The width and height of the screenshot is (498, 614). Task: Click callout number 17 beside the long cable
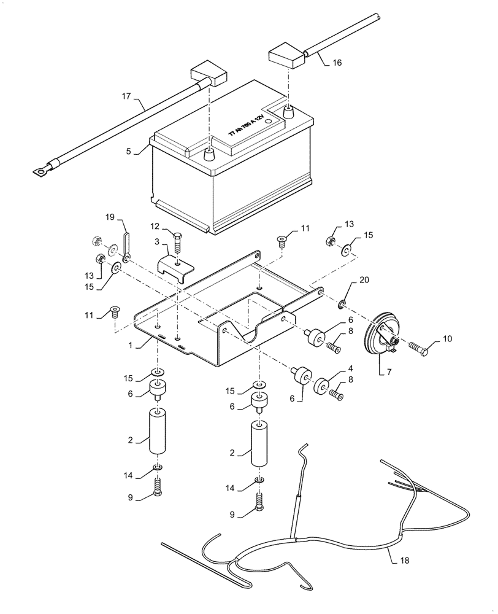click(x=126, y=96)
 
